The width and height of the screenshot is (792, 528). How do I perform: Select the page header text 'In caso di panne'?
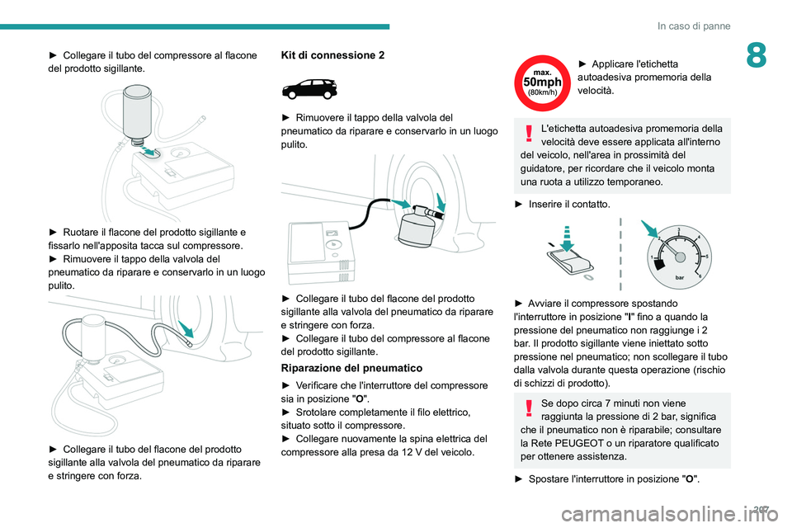click(694, 26)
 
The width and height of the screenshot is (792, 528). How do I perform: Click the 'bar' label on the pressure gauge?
click(680, 278)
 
